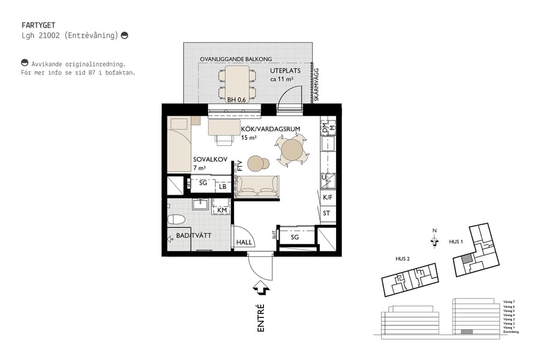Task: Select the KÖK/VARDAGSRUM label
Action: coord(266,129)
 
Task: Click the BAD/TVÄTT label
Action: coord(193,236)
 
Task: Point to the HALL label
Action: coord(244,242)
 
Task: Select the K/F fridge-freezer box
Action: coord(328,197)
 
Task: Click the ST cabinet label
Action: coord(327,214)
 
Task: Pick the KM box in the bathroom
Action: coord(221,210)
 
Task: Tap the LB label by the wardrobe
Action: coord(223,187)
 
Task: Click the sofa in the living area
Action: coord(257,187)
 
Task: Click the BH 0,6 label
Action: coord(236,100)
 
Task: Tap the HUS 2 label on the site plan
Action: coord(402,259)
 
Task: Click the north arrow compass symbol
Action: coord(433,240)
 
